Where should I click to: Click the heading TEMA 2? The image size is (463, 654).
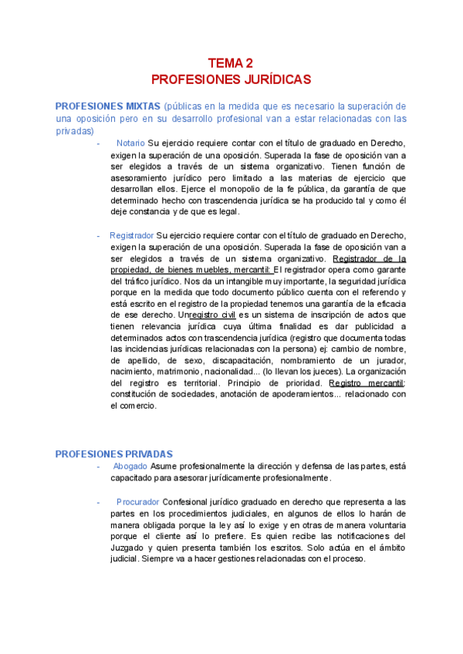[x=231, y=63]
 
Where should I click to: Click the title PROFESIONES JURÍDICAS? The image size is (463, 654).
[x=231, y=79]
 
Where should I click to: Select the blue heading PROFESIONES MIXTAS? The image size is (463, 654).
[x=107, y=106]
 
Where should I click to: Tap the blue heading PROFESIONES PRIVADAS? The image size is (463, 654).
[x=113, y=453]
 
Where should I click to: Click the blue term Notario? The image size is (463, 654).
[x=130, y=143]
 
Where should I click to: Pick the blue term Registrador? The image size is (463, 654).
[x=132, y=234]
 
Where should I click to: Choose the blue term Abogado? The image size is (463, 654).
[x=130, y=467]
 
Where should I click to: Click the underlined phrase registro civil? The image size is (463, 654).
[x=215, y=315]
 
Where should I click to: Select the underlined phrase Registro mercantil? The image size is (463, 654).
[x=367, y=383]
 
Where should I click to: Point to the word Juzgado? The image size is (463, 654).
[x=132, y=547]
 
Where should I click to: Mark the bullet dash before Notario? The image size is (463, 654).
[x=99, y=143]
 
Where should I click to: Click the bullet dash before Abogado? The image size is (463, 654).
[x=99, y=467]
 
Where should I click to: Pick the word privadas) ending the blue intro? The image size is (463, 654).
[x=75, y=131]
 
